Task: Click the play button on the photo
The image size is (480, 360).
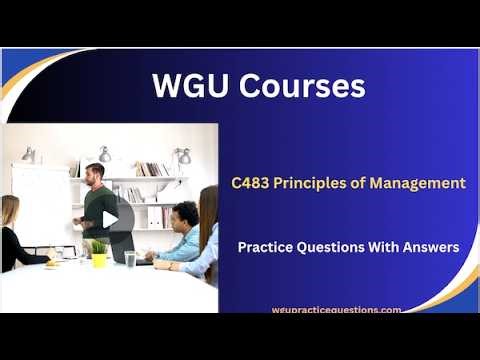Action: [x=110, y=219]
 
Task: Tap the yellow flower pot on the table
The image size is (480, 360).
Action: [x=98, y=259]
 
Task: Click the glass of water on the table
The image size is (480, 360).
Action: [x=130, y=258]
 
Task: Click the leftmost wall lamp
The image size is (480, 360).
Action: [x=29, y=155]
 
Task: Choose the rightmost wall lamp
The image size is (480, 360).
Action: [x=183, y=156]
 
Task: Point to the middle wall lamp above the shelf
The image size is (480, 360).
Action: [x=105, y=154]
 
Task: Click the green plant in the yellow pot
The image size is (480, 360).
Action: [x=98, y=246]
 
